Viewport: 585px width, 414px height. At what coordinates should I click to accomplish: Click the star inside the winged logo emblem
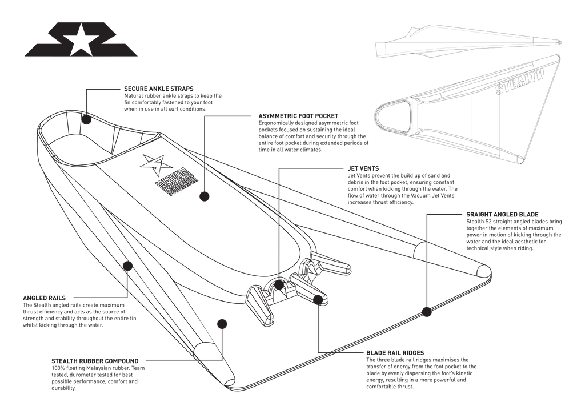[x=80, y=41]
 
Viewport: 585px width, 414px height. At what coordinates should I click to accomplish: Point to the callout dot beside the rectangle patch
[x=202, y=196]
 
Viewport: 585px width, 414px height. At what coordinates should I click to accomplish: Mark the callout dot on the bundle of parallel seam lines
[x=128, y=265]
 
